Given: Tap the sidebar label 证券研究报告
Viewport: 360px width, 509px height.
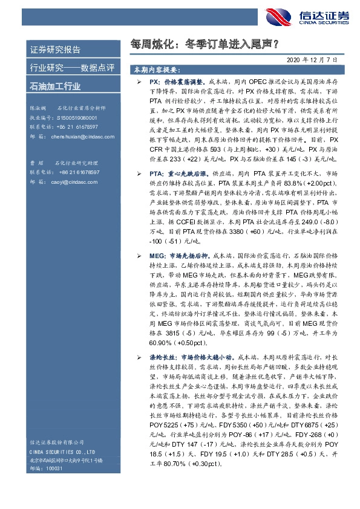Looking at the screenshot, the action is coord(54,49).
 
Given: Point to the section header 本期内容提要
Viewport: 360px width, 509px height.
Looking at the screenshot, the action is coord(159,70).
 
